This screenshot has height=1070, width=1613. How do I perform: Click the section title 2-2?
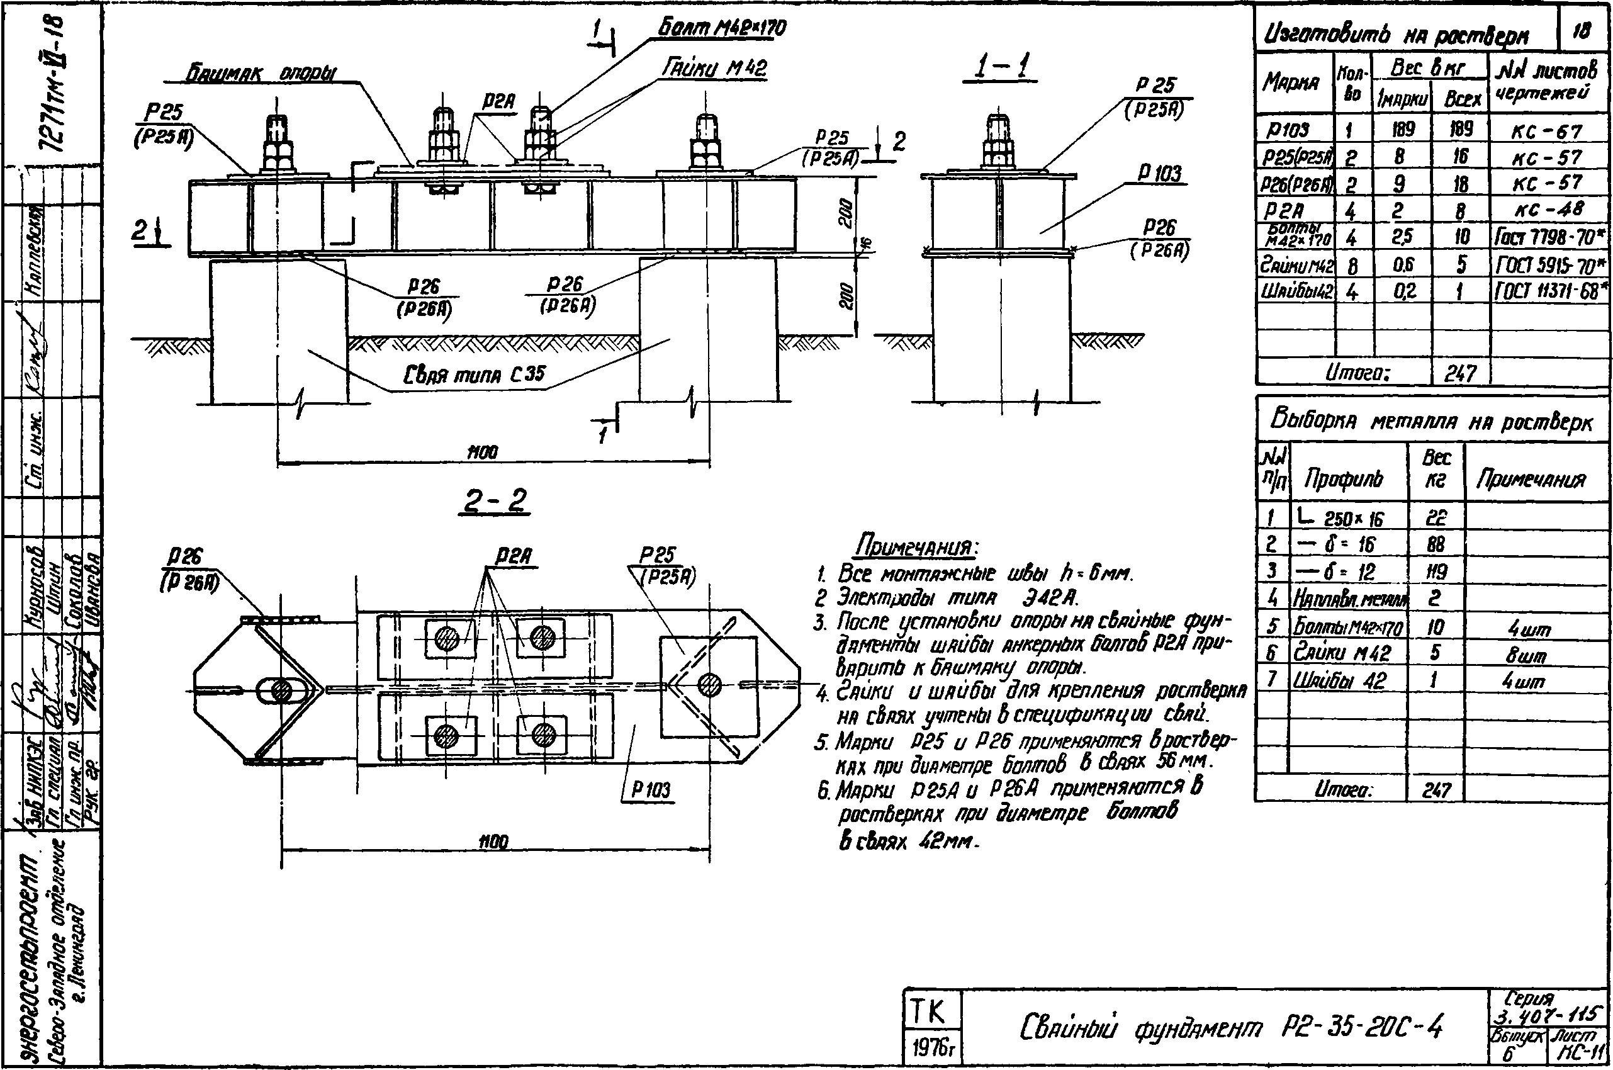click(496, 502)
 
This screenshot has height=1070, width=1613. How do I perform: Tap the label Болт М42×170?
click(721, 28)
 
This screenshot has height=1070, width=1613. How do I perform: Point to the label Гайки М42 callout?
click(714, 67)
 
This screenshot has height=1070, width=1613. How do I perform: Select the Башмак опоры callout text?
click(261, 74)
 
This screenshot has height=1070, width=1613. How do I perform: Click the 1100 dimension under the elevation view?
click(483, 452)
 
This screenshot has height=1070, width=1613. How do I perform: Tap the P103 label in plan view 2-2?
click(650, 789)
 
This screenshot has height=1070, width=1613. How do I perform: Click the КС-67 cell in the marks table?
click(1546, 131)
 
